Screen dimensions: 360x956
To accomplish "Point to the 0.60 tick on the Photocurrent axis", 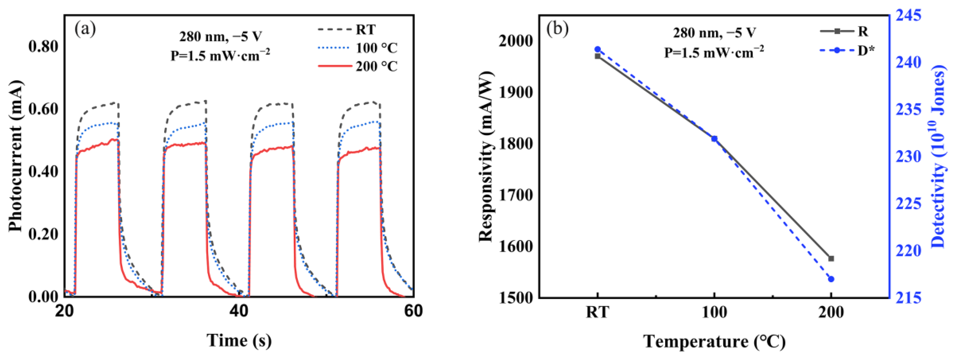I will coord(43,109).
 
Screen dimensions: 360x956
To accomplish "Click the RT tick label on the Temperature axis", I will coord(597,312).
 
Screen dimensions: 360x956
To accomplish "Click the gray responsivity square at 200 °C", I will coord(831,258).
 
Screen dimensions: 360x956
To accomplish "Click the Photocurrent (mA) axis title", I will coord(16,156).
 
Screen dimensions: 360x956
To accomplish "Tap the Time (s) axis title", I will coord(239,340).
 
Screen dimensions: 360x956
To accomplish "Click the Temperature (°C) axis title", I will coord(714,341).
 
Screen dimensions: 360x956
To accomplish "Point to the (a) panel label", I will coord(85,29).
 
